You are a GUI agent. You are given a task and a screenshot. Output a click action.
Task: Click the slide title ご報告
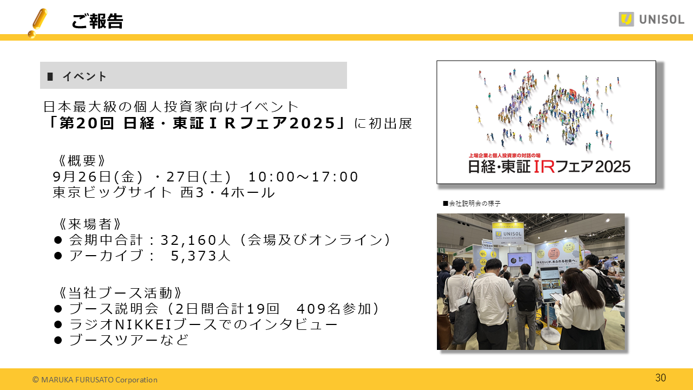[97, 21]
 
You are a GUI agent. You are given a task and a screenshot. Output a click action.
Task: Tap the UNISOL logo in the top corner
[651, 19]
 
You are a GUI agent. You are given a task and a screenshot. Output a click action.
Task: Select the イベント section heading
[84, 76]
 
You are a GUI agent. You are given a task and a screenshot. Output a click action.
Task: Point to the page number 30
[661, 378]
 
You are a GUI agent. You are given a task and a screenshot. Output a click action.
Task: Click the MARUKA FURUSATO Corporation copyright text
[95, 380]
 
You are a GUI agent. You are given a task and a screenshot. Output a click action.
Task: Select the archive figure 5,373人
[201, 256]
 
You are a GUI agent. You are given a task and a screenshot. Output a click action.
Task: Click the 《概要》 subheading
[81, 161]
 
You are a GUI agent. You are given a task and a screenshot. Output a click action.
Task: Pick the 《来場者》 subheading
[89, 224]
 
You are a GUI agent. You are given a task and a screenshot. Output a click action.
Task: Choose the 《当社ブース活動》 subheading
[120, 293]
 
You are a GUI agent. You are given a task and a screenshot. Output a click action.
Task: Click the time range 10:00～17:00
[303, 177]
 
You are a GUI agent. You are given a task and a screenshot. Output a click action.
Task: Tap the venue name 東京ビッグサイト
[113, 193]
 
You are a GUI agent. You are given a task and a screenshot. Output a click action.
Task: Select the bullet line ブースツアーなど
[129, 340]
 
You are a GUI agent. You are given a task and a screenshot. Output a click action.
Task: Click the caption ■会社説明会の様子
[472, 204]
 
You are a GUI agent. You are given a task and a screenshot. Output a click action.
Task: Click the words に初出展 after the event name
[383, 123]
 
